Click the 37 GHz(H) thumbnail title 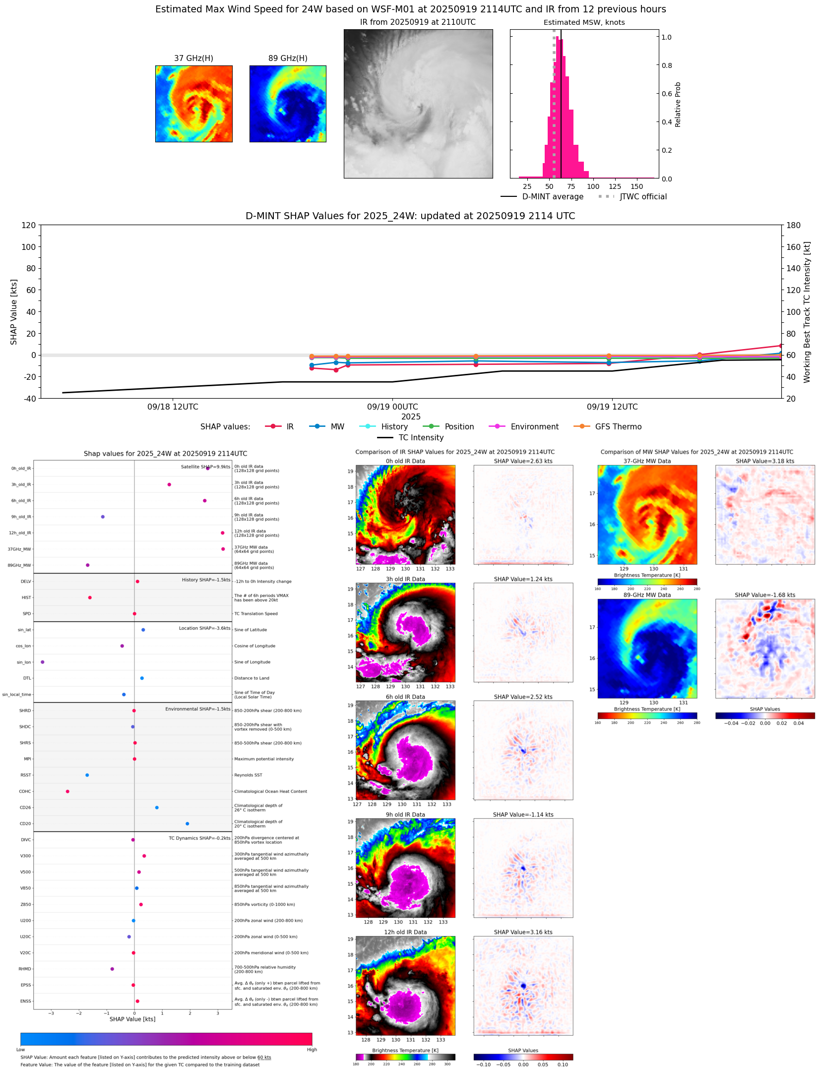click(193, 59)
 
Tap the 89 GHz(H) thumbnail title click(288, 59)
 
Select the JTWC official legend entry click(643, 197)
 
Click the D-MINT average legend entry click(553, 197)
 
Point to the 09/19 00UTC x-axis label click(392, 407)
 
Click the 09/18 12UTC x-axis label click(173, 407)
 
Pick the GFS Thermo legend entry click(618, 427)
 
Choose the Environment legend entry click(534, 427)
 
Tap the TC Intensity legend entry click(421, 438)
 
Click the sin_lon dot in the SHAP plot click(43, 662)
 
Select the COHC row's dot click(67, 791)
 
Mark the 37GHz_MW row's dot click(223, 549)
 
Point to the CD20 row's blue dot click(187, 824)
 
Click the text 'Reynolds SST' click(248, 775)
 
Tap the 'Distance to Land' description click(252, 678)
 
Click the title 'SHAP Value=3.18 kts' click(764, 461)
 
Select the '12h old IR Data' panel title click(405, 932)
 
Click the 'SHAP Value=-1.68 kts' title click(764, 595)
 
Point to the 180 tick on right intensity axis click(793, 226)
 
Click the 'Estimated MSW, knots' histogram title click(584, 22)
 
